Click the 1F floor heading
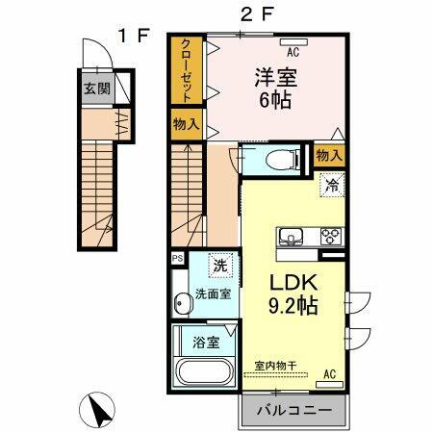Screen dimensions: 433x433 132,36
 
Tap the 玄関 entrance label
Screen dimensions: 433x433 94,90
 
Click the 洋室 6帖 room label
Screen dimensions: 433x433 270,88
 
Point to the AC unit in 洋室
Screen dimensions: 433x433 291,42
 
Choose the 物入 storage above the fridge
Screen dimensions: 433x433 329,155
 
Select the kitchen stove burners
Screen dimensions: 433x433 332,236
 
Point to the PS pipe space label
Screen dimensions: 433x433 176,258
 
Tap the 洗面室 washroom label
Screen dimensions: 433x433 212,294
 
